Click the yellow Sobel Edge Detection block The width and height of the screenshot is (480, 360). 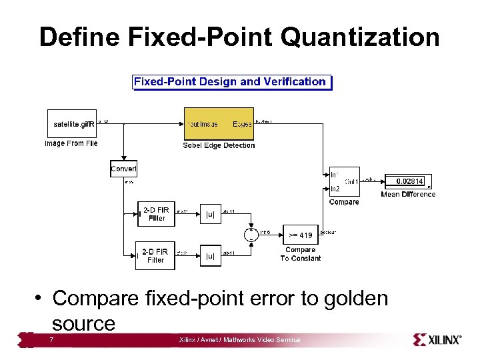pos(219,123)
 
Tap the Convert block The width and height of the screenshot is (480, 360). pos(123,168)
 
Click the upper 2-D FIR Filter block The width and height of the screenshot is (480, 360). pos(157,214)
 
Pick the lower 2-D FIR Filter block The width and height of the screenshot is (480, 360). pos(155,255)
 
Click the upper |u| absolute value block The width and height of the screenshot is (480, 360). pos(210,214)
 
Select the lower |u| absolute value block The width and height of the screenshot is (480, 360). pos(210,255)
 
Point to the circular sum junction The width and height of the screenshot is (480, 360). pos(251,233)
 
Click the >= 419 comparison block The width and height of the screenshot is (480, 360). pos(300,235)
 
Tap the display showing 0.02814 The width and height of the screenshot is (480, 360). pos(409,181)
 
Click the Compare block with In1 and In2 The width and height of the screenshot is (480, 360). pos(344,181)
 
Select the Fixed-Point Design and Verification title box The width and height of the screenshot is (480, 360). pos(231,82)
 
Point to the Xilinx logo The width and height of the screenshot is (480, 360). pos(437,339)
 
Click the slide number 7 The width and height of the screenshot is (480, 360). pos(52,340)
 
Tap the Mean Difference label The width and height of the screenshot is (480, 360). pos(408,195)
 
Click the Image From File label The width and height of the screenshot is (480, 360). pos(71,143)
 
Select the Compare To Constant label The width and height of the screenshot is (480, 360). pos(300,254)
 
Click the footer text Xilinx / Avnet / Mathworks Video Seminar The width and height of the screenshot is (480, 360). pos(240,340)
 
